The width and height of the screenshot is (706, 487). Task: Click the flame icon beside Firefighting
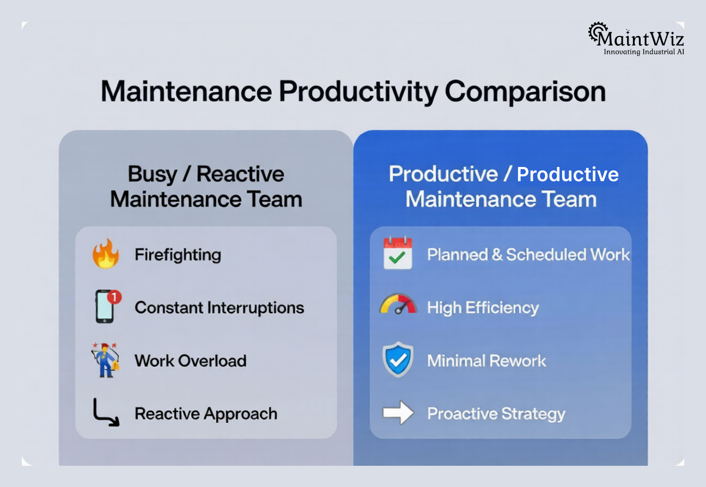106,254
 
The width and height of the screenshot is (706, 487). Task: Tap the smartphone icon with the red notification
105,307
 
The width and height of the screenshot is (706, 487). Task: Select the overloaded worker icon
106,360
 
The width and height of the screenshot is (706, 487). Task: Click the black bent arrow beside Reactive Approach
105,412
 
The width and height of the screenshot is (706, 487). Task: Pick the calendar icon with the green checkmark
398,254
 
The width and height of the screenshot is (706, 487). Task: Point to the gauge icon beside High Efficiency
398,305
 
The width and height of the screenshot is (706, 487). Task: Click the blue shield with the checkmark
398,360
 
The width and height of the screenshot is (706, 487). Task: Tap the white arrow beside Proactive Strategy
398,412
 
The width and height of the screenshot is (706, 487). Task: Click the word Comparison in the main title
525,91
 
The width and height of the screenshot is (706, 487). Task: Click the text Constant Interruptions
219,307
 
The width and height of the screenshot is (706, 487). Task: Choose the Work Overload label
190,360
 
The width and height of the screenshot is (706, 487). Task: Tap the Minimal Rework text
486,360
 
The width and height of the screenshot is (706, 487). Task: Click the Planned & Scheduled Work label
528,255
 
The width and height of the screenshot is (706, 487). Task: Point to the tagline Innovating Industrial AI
643,52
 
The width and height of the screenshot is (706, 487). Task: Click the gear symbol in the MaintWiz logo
598,33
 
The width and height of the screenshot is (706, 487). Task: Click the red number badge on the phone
114,297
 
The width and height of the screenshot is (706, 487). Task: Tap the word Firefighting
178,255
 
